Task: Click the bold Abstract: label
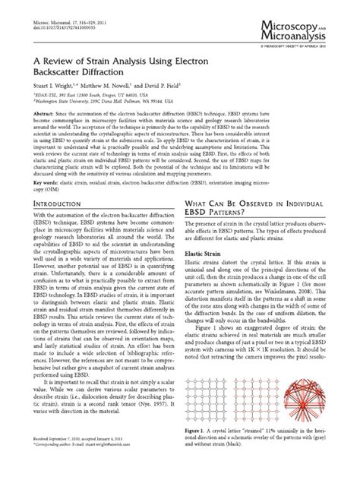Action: point(43,134)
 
